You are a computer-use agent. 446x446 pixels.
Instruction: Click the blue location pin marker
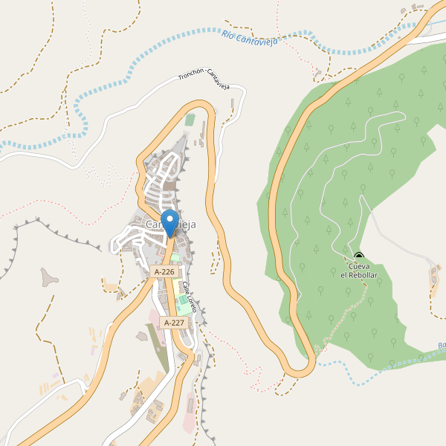tap(170, 222)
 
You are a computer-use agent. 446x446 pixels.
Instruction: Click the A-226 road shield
tap(164, 272)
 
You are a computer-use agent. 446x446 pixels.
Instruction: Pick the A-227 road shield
tap(173, 323)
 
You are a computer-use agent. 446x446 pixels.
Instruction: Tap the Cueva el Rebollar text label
tap(359, 271)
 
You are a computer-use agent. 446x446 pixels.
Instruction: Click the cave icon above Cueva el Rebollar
tap(359, 256)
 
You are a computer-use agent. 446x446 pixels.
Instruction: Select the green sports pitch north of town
tap(190, 119)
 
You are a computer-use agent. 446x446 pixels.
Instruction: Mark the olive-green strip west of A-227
tap(158, 346)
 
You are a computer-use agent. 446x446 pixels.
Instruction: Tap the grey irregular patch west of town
tap(50, 277)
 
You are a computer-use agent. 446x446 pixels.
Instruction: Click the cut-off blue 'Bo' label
tap(441, 345)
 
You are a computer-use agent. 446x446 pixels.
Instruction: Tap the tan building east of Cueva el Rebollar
tap(434, 277)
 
